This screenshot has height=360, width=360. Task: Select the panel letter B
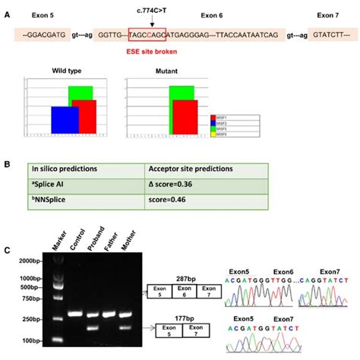coord(8,162)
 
